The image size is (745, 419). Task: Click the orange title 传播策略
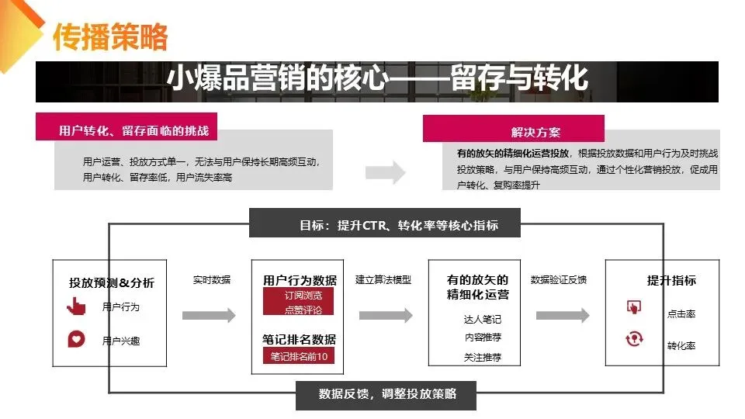(x=109, y=36)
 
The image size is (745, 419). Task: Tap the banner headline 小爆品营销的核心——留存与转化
(x=377, y=79)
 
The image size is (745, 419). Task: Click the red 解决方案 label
(x=535, y=131)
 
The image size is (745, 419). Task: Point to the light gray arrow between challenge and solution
(x=397, y=172)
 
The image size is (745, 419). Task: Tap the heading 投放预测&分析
(x=112, y=282)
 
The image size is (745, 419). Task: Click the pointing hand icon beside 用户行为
(x=76, y=306)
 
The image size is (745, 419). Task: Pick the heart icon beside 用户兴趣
(x=76, y=339)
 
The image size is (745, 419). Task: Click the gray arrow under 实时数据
(x=209, y=315)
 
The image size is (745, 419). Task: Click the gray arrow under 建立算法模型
(x=386, y=315)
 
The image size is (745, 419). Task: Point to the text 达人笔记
(x=482, y=319)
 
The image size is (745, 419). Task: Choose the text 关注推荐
(x=482, y=358)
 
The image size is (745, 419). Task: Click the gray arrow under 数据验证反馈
(x=563, y=315)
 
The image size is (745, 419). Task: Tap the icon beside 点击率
(x=633, y=306)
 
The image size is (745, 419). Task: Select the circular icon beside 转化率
(x=634, y=338)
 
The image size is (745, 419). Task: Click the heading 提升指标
(x=671, y=281)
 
